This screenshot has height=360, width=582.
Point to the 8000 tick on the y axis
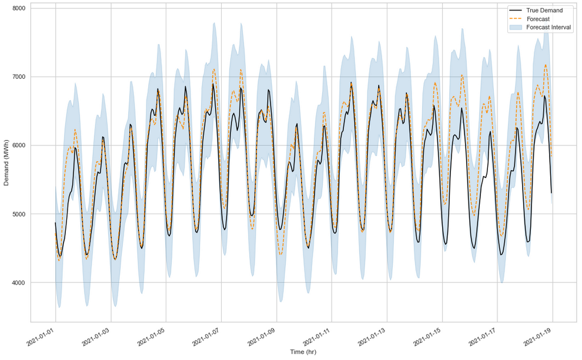tap(18, 8)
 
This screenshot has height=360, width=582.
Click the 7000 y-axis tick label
tap(18, 77)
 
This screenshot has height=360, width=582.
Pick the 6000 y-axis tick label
tap(18, 145)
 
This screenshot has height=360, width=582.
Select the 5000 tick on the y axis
tap(18, 214)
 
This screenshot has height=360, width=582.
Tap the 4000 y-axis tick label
tap(18, 283)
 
